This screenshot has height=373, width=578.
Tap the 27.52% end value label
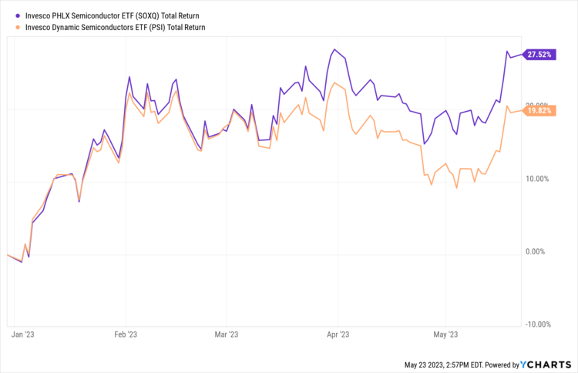pos(539,55)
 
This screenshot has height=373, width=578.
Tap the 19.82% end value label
pos(539,111)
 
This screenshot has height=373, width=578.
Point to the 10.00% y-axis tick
pos(536,179)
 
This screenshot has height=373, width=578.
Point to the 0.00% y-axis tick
pos(538,251)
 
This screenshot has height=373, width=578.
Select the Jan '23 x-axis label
pos(23,335)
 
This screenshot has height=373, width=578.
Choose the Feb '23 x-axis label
pos(126,335)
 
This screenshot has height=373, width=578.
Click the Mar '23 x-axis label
pos(226,335)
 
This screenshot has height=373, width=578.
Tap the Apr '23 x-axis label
pos(338,335)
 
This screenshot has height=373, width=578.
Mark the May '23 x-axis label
pos(446,335)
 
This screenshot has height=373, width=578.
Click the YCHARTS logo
pos(549,364)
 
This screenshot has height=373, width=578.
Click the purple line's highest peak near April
pos(334,49)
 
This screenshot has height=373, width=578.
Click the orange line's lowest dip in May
pos(457,187)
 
